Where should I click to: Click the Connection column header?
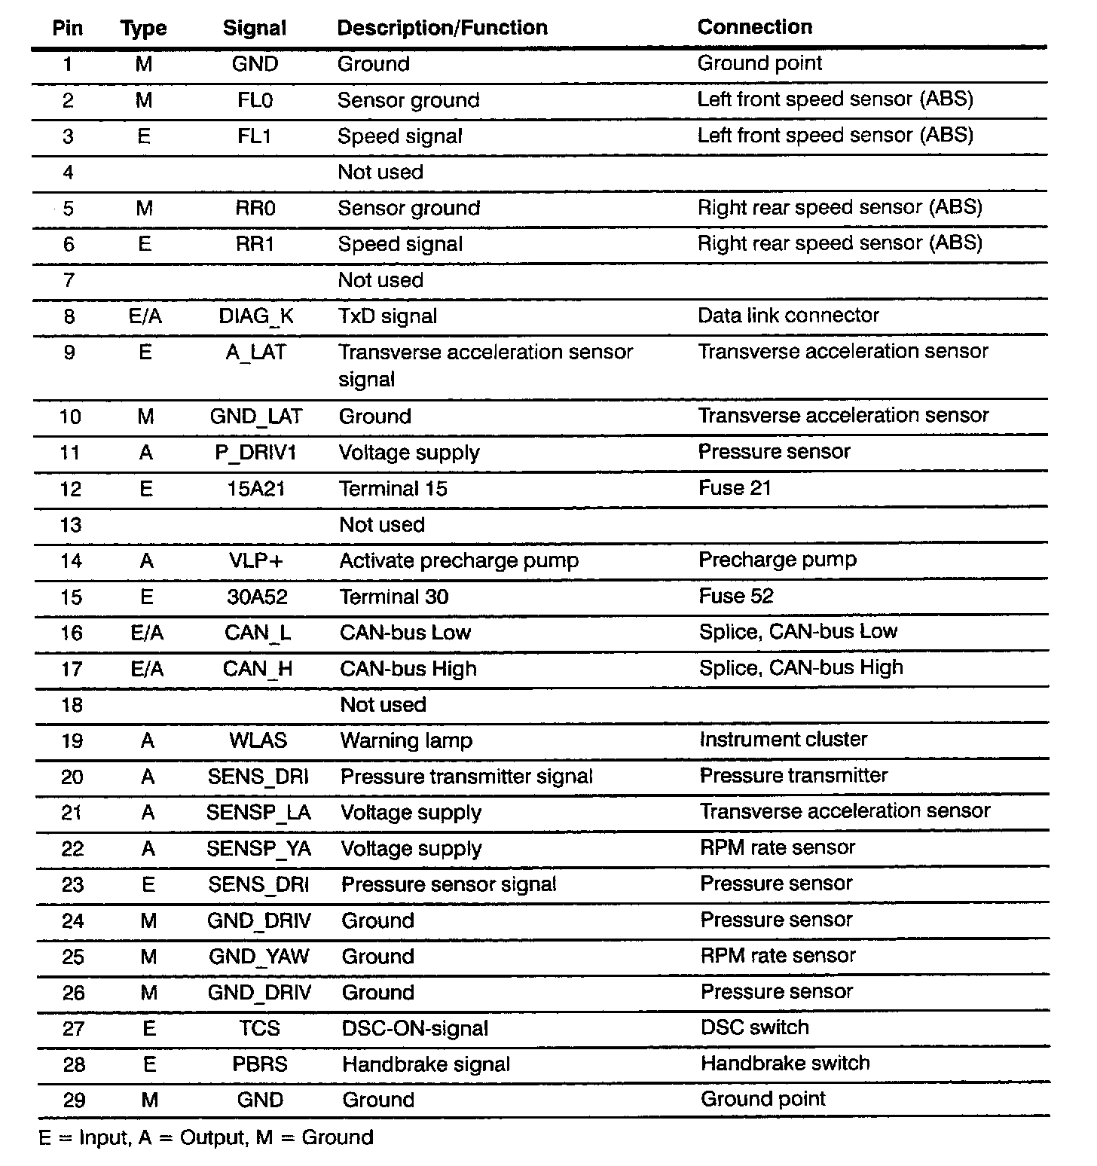[754, 27]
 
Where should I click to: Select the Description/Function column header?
[442, 28]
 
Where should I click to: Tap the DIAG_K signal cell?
[256, 316]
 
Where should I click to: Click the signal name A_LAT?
[256, 353]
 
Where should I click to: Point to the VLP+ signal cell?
[258, 561]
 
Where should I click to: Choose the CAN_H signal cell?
[258, 669]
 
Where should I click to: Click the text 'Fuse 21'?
[735, 488]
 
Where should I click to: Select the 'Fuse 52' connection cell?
[735, 597]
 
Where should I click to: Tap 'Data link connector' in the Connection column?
[788, 316]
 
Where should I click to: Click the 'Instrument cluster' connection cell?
[783, 740]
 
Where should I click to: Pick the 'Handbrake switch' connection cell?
[785, 1064]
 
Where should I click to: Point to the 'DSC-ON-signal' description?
[414, 1029]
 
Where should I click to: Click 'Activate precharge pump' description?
[459, 561]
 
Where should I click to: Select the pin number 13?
[70, 525]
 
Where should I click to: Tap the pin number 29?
[73, 1100]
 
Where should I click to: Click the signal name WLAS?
[258, 740]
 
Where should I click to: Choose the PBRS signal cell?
[260, 1065]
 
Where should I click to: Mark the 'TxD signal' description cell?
[387, 316]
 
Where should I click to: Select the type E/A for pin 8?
[145, 316]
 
